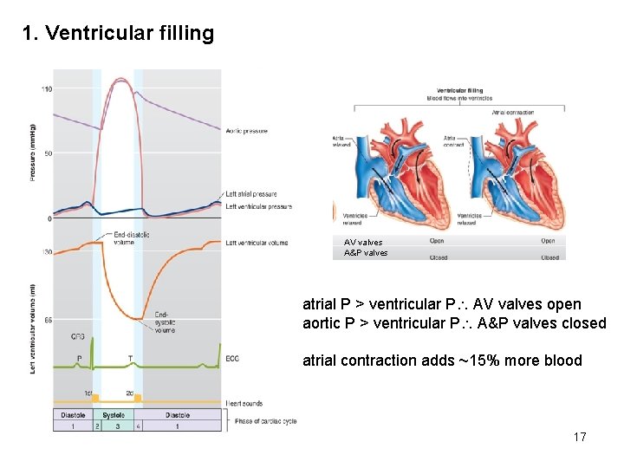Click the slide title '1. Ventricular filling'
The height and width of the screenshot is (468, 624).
click(x=119, y=34)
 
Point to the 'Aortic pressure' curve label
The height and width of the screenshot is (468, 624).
click(x=247, y=131)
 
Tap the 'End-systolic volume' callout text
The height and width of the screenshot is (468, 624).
click(x=166, y=322)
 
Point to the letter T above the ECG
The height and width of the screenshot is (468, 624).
click(x=129, y=357)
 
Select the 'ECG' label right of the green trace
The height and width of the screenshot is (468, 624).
click(x=232, y=358)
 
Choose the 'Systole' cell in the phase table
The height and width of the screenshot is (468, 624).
click(x=114, y=414)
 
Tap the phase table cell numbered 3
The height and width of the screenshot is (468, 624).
click(x=117, y=426)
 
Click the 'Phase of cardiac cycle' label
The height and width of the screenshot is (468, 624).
click(x=265, y=421)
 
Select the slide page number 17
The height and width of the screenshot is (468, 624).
click(x=580, y=437)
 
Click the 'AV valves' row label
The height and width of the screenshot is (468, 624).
click(x=362, y=243)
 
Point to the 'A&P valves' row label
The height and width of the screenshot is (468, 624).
click(x=366, y=253)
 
